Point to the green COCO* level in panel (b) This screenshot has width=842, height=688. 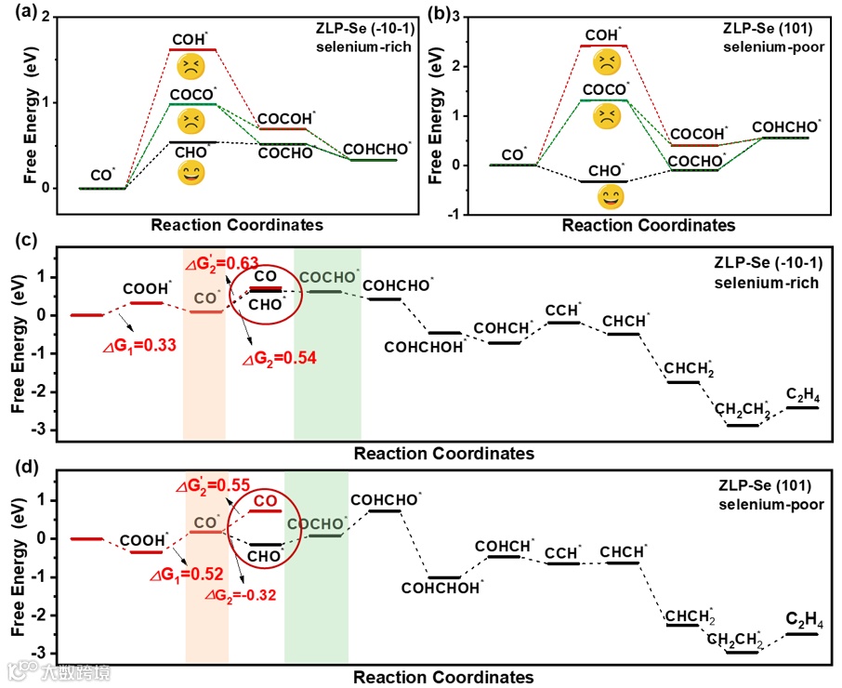[x=604, y=99]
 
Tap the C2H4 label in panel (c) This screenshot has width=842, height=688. [x=802, y=394]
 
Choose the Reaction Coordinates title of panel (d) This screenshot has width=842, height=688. [x=443, y=677]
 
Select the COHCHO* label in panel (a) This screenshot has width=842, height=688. [x=375, y=148]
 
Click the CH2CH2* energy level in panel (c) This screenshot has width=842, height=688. [x=743, y=425]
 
